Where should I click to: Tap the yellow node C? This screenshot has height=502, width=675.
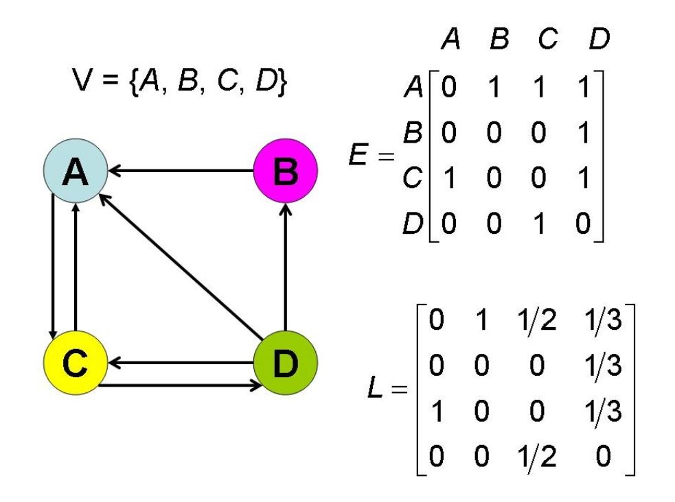tap(75, 364)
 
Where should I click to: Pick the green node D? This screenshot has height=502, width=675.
tap(286, 364)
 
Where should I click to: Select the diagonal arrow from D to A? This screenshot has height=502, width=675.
tap(180, 266)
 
